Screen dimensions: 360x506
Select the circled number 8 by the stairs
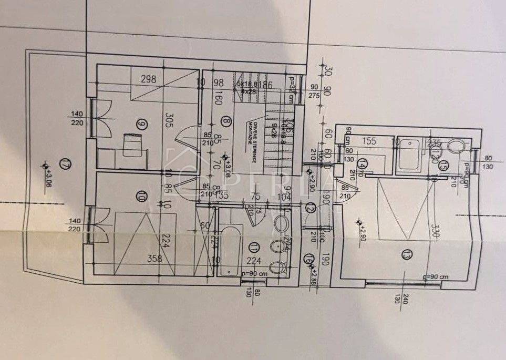[x=226, y=122]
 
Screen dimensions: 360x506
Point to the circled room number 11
[x=255, y=246]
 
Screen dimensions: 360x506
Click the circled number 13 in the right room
[x=405, y=254]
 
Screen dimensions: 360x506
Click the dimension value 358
[x=153, y=258]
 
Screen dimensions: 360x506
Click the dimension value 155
[x=370, y=140]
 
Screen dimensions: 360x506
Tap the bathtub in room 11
[x=230, y=249]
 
